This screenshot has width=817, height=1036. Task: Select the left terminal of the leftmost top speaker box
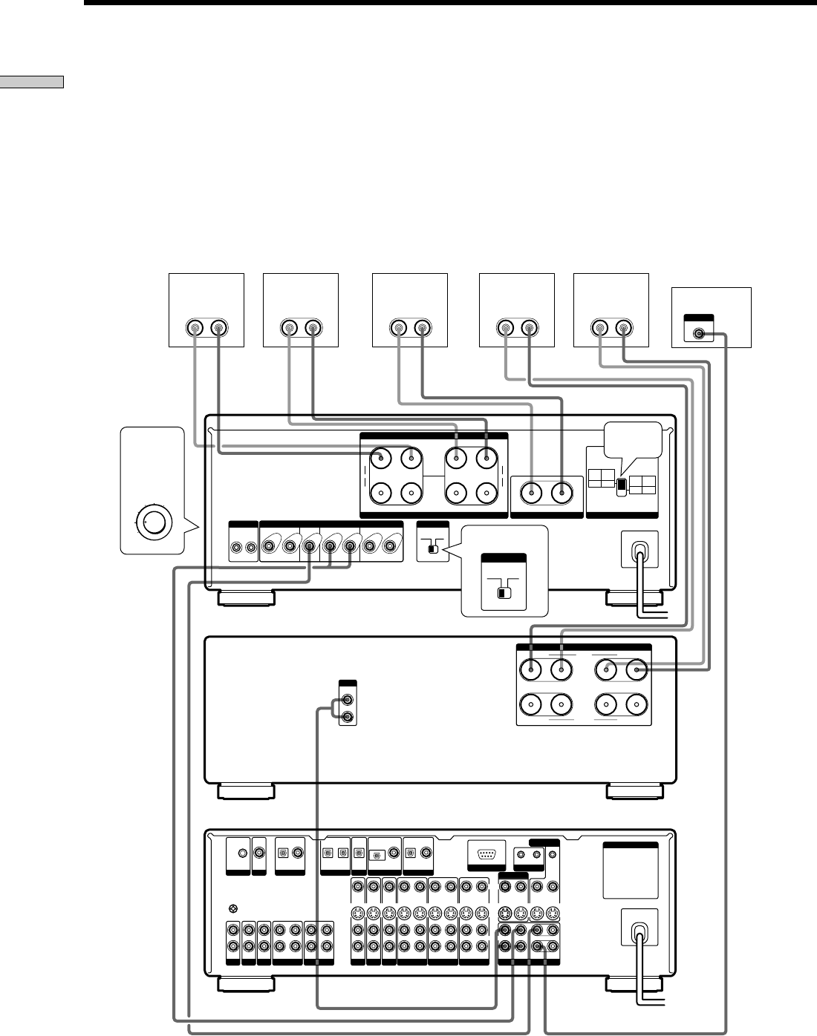pos(195,327)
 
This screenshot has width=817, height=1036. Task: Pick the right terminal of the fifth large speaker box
pos(624,327)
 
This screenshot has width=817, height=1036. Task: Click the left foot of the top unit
pos(246,598)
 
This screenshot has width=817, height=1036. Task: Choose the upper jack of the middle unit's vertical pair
pos(347,699)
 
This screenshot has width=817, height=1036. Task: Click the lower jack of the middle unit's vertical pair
pos(347,716)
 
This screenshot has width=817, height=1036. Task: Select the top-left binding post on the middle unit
pos(532,670)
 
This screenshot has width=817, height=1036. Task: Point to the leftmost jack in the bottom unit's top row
pos(241,854)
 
